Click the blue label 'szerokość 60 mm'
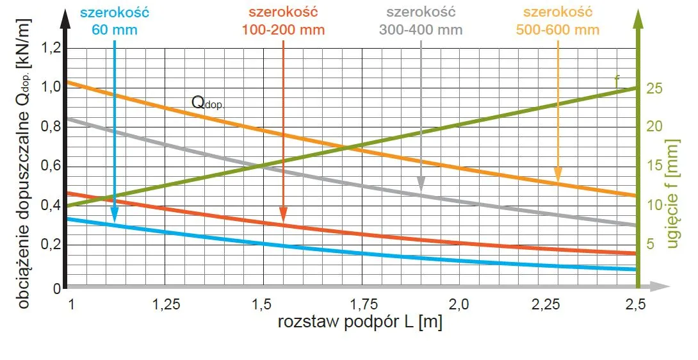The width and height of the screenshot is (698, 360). pos(115,20)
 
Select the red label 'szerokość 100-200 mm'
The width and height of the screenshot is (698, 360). pos(283,21)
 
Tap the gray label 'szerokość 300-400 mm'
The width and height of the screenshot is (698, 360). pos(421,21)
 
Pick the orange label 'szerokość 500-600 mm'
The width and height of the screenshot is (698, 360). pos(558,21)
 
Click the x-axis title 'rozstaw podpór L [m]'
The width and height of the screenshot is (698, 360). pos(360,323)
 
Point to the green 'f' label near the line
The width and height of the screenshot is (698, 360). pos(617,80)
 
